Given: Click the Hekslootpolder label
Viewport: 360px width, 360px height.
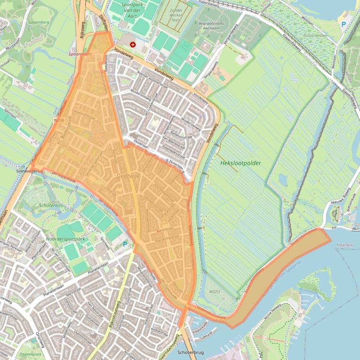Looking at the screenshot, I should [240, 163].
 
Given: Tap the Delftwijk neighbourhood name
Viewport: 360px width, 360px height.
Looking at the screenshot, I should [128, 176].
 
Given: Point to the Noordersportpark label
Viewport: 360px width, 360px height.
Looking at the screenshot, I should [66, 239].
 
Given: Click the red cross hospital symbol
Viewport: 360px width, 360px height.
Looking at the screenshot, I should [133, 44].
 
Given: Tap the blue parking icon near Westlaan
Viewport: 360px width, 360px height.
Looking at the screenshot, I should [344, 24].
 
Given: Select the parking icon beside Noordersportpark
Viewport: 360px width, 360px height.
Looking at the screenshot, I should [125, 244].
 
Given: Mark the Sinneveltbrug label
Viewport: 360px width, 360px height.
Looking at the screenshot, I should [29, 172].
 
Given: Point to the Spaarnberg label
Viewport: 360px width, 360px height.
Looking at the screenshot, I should [38, 22].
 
